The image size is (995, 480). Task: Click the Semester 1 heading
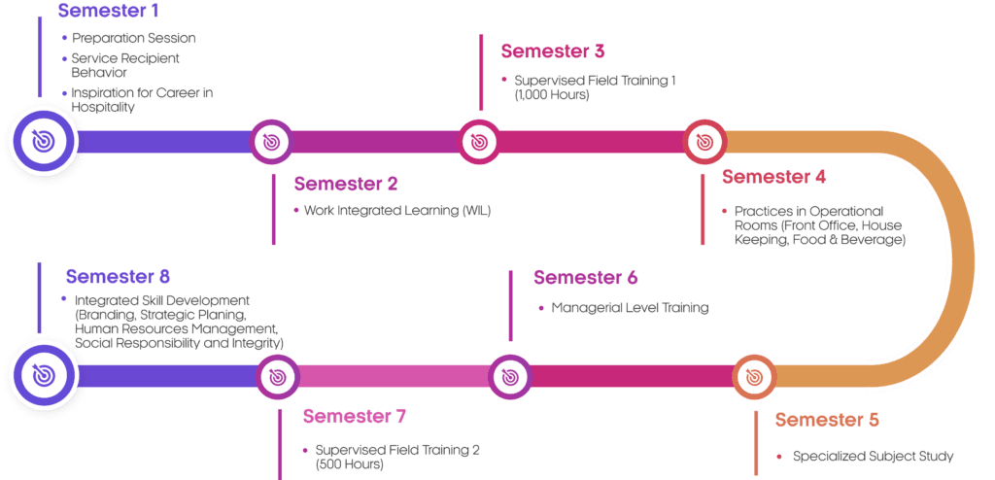(108, 12)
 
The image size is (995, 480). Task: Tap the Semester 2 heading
(346, 184)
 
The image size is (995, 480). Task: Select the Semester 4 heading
(774, 177)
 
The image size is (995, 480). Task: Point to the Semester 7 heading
(354, 417)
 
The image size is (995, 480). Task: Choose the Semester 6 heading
(586, 277)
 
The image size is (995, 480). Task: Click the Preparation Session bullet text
(134, 38)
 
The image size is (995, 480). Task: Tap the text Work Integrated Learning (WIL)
(397, 210)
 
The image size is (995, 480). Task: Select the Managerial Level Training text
(631, 308)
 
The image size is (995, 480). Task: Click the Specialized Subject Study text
(874, 456)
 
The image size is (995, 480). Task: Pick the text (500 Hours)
(350, 464)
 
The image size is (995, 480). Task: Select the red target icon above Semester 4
(704, 142)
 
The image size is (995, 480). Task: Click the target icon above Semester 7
(279, 375)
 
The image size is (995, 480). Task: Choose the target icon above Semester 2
(271, 142)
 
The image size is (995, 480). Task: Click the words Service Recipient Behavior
(125, 65)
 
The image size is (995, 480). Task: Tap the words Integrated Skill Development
(162, 300)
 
